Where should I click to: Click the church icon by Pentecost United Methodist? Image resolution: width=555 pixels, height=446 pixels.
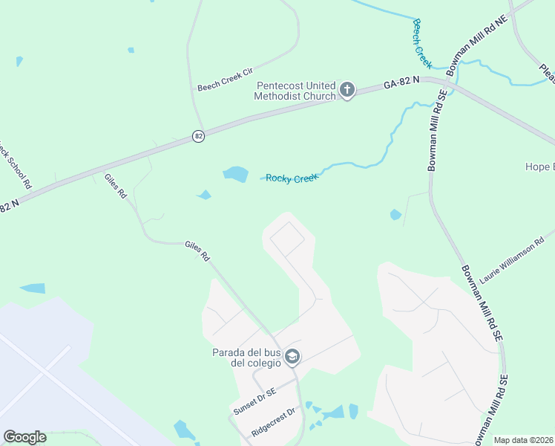[x=347, y=91]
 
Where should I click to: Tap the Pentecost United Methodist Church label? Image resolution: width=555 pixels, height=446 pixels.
[x=295, y=91]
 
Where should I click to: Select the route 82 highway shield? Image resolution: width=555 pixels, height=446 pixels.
[x=197, y=136]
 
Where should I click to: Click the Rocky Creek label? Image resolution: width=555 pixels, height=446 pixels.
[x=292, y=178]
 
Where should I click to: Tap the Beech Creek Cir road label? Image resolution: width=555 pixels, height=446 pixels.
[x=225, y=87]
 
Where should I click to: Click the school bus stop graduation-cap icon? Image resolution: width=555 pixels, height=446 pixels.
[x=292, y=358]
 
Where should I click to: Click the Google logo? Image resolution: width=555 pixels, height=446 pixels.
[x=24, y=437]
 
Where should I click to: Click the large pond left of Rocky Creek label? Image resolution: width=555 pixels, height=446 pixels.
[x=235, y=175]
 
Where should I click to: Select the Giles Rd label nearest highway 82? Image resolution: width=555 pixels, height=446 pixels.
[x=116, y=186]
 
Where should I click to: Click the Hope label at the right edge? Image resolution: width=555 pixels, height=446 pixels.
[x=539, y=167]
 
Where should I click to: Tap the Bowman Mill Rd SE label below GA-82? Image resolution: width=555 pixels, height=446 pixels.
[x=438, y=131]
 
